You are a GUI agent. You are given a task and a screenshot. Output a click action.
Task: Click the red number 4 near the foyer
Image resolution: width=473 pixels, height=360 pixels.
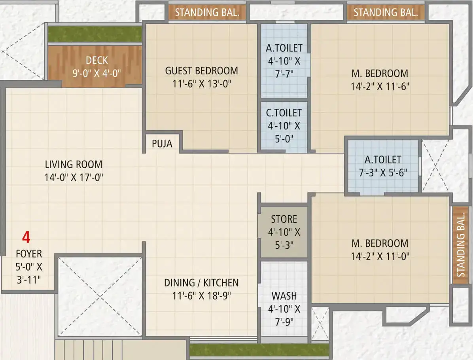click(x=26, y=237)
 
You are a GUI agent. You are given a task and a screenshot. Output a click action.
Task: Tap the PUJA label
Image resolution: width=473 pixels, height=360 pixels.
click(x=162, y=144)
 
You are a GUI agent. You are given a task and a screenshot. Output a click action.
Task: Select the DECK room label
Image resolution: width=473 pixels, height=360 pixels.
click(x=97, y=61)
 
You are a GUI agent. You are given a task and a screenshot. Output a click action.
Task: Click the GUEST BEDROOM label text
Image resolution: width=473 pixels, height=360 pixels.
click(x=202, y=70)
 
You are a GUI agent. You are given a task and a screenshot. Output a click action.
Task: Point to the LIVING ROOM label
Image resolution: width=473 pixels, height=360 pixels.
click(x=74, y=165)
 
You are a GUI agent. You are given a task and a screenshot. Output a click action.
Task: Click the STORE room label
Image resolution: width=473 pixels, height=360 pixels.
click(x=284, y=219)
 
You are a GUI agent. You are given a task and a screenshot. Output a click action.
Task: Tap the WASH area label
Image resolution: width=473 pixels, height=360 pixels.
click(x=284, y=296)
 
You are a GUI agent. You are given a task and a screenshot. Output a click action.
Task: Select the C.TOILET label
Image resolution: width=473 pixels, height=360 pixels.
click(x=284, y=113)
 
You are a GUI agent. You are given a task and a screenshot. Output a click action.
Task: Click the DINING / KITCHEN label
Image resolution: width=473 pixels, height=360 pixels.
click(x=202, y=283)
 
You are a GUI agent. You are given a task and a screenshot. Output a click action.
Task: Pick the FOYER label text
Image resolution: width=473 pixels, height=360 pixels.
click(x=29, y=254)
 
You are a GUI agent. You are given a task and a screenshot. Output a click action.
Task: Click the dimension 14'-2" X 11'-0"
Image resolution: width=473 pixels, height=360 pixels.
click(x=380, y=256)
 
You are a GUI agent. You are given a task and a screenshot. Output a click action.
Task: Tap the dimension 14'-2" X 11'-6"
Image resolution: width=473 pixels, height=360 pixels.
click(x=380, y=87)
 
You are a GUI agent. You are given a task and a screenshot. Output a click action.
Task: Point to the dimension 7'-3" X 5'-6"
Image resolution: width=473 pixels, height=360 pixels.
click(x=383, y=172)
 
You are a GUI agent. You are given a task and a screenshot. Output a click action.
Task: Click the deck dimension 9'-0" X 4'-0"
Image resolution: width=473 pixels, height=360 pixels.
click(x=96, y=73)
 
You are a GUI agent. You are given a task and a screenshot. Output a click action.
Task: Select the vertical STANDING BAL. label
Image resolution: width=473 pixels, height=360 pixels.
click(x=460, y=245)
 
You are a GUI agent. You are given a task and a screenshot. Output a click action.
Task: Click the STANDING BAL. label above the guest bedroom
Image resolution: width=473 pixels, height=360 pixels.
click(x=207, y=12)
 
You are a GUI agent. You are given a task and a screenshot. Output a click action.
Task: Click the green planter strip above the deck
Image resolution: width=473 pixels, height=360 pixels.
click(x=95, y=34)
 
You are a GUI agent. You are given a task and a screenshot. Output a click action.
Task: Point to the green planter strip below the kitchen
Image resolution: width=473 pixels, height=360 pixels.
click(x=259, y=350)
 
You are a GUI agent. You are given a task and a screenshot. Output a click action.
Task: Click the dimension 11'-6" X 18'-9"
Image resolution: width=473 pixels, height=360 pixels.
click(x=202, y=296)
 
